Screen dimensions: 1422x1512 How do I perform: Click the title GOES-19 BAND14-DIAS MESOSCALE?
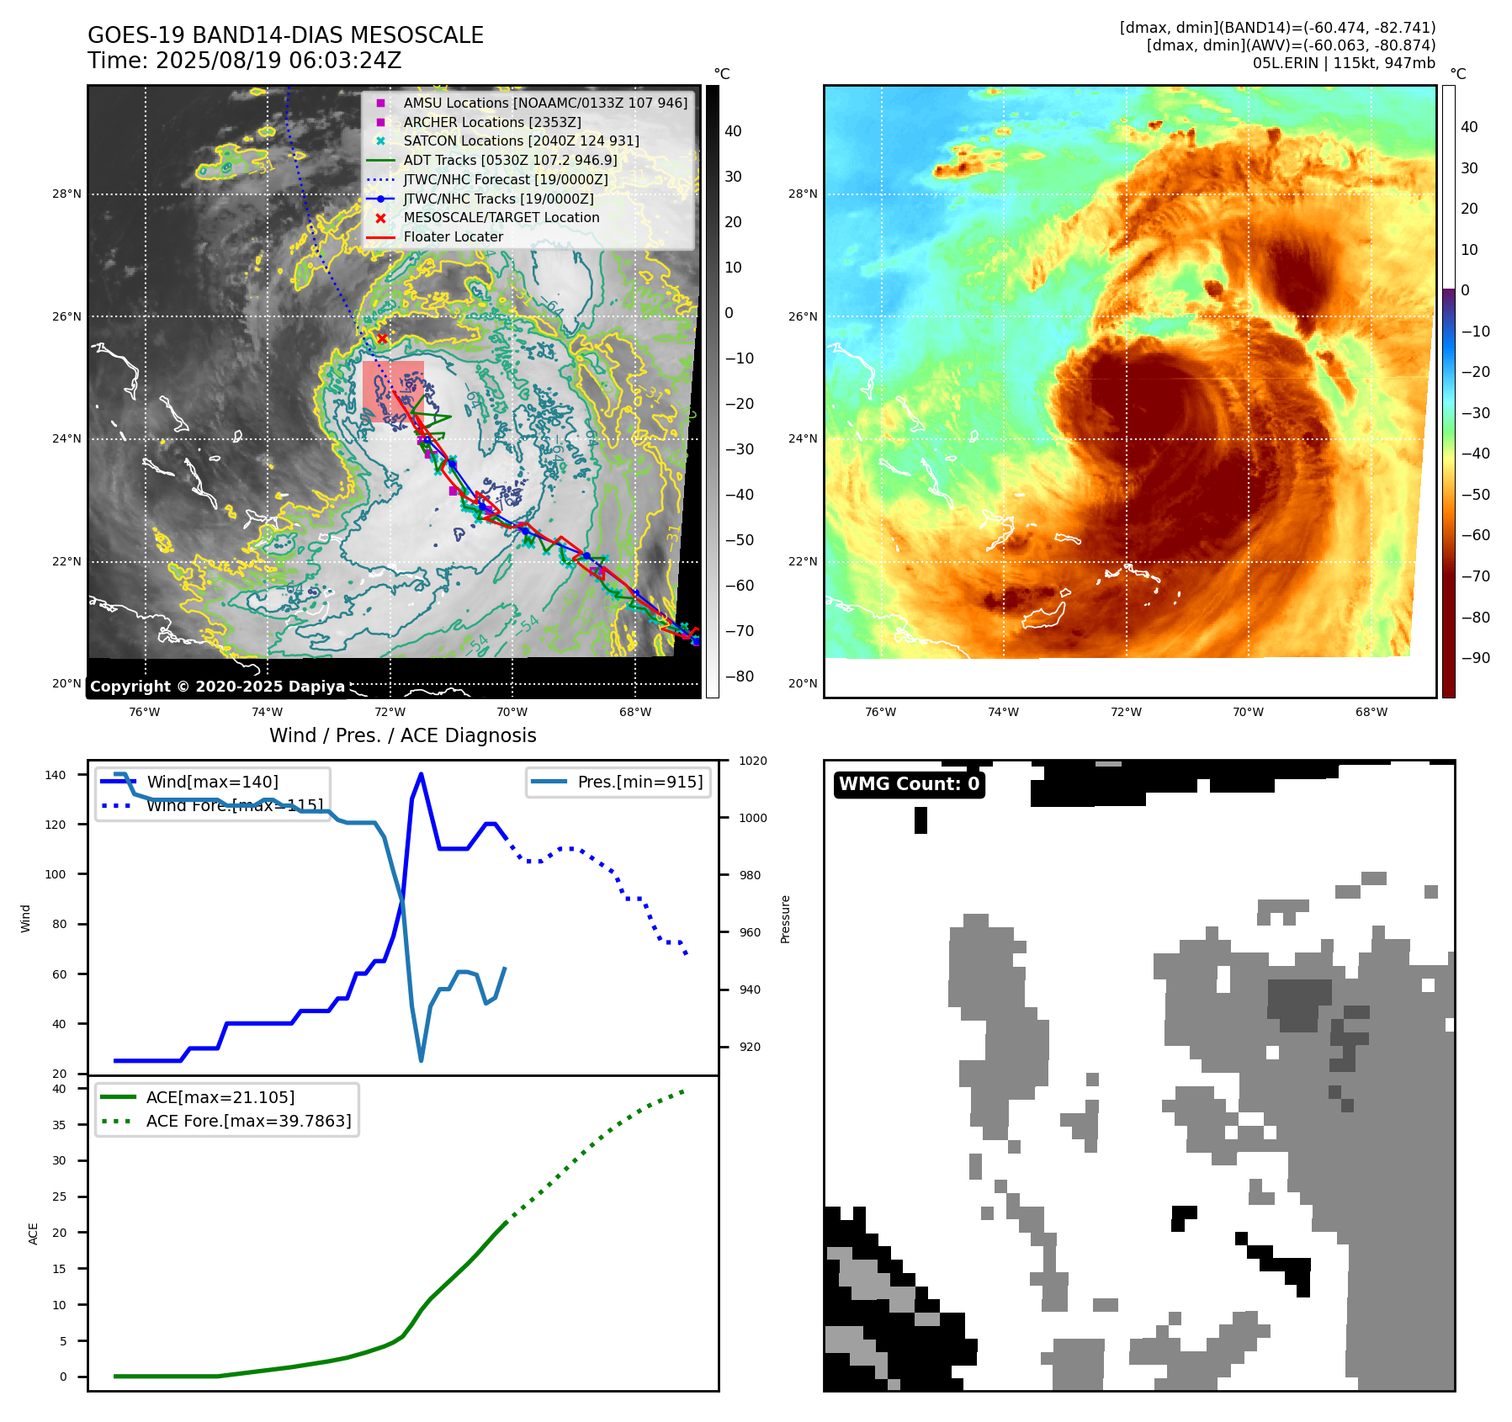[285, 35]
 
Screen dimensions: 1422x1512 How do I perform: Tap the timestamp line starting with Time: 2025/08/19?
[244, 61]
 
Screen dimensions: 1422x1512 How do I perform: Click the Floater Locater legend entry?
[453, 236]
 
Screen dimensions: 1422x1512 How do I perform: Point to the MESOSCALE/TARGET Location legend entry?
[501, 217]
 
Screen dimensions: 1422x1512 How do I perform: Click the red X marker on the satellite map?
[382, 338]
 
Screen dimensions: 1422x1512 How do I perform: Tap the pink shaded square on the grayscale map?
[393, 390]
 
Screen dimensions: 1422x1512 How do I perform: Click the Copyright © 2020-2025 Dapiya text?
[217, 687]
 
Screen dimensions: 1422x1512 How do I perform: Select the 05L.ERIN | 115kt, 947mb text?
[1344, 63]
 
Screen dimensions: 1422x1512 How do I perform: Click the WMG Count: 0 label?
[909, 784]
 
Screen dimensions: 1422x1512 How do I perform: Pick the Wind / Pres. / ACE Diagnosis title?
[402, 735]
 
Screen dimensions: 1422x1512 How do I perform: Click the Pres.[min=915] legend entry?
[639, 782]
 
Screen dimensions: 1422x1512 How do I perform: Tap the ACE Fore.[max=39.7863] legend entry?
[248, 1121]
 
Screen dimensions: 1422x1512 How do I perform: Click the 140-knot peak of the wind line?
[421, 774]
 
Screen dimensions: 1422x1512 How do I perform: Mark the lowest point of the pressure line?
[421, 1060]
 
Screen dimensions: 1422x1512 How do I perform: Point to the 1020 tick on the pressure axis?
[752, 761]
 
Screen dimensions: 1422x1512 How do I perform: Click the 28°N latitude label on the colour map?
[802, 194]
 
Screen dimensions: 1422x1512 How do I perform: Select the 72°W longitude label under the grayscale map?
[390, 712]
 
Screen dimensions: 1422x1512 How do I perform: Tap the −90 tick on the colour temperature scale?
[1475, 658]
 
